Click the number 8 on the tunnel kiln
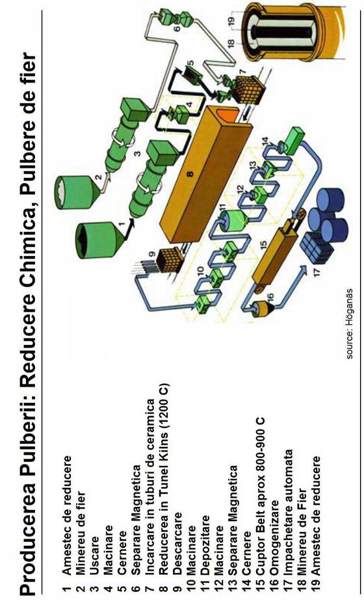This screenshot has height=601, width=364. [x=190, y=173]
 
